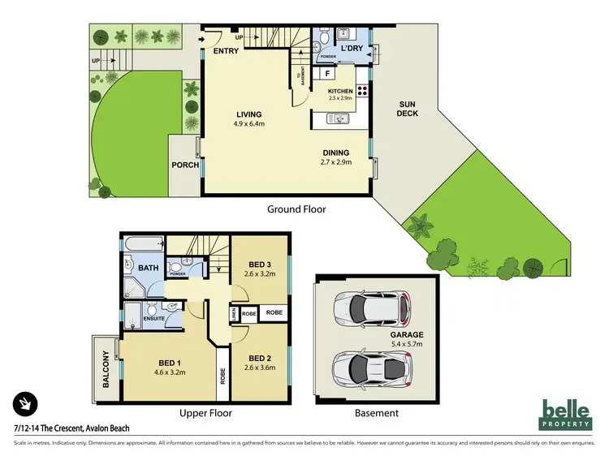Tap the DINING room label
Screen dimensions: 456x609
335,153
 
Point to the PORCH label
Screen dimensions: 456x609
185,165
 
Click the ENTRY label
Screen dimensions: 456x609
225,52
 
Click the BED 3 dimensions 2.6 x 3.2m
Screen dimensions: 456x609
260,273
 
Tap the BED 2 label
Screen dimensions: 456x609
260,358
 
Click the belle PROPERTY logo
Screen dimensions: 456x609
567,414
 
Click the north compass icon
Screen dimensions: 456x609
25,403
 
